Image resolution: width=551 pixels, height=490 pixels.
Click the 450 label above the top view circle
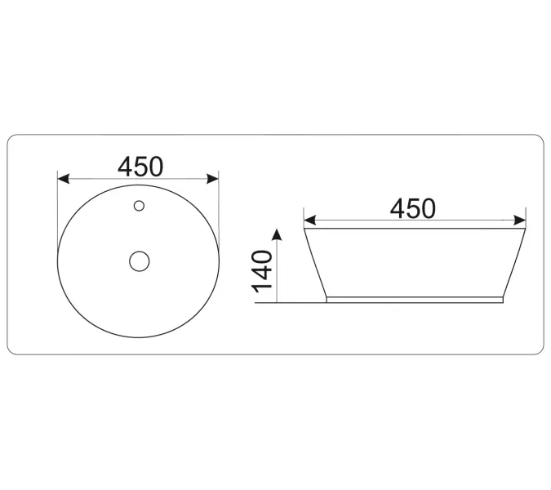(140, 166)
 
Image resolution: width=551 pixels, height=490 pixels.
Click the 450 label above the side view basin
(412, 208)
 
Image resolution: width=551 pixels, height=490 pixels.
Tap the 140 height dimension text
(263, 272)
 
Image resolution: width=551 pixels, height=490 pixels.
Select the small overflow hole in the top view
(139, 205)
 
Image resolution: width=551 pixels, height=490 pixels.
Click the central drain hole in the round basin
(140, 261)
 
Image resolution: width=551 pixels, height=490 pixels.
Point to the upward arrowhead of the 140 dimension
(278, 235)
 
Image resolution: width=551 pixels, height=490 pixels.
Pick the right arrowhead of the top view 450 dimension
(214, 178)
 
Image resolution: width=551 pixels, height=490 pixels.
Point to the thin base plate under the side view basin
(414, 300)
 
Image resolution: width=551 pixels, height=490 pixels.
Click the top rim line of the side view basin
(414, 229)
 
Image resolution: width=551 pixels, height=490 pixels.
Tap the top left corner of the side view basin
(304, 229)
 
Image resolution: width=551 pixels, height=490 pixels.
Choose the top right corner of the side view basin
(524, 229)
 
